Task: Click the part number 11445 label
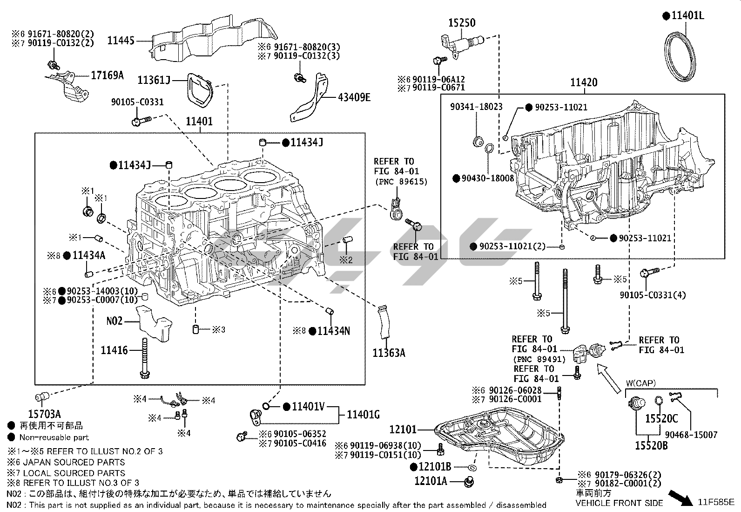click(x=121, y=41)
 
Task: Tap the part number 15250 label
click(x=462, y=22)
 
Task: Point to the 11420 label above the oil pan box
click(x=584, y=83)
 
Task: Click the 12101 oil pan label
click(x=403, y=429)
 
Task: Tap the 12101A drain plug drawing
click(x=469, y=482)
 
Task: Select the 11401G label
click(x=364, y=414)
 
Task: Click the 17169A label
click(x=107, y=75)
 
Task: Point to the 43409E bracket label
click(x=354, y=97)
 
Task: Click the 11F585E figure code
click(x=715, y=502)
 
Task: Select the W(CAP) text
click(x=640, y=383)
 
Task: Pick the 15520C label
click(x=661, y=419)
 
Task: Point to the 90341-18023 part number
click(x=476, y=107)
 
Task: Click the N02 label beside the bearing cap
click(x=115, y=321)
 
